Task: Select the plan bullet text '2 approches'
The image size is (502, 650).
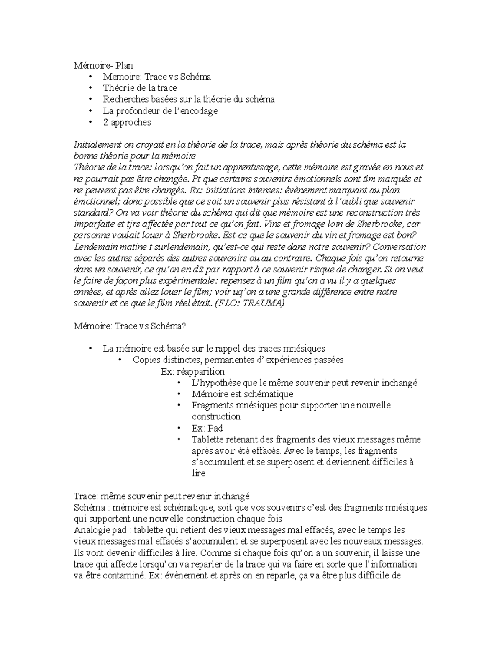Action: tap(127, 122)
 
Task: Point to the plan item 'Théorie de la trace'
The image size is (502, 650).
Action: tap(140, 88)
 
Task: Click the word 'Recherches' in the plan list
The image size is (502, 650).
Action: tap(123, 99)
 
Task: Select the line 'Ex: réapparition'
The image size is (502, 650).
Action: tap(192, 371)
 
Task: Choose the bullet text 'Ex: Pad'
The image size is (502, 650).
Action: tap(207, 428)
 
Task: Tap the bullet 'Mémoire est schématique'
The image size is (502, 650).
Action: tap(242, 394)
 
